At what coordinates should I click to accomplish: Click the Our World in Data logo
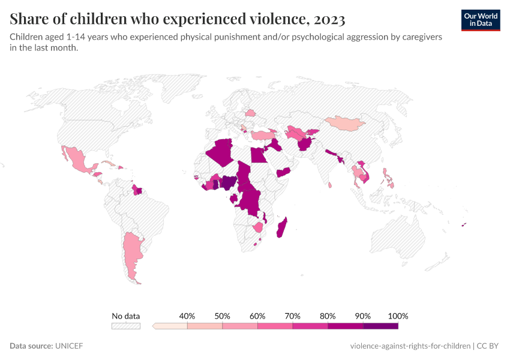pyautogui.click(x=480, y=20)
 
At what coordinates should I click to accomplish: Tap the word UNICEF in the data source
pyautogui.click(x=69, y=346)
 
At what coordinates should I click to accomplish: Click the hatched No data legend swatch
pyautogui.click(x=125, y=326)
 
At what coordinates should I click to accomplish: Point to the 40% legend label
pyautogui.click(x=187, y=316)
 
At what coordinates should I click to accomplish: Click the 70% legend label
pyautogui.click(x=293, y=316)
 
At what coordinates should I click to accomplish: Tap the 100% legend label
pyautogui.click(x=398, y=316)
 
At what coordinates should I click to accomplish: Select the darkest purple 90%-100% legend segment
pyautogui.click(x=380, y=326)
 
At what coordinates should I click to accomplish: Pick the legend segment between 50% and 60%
pyautogui.click(x=240, y=326)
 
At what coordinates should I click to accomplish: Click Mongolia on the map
pyautogui.click(x=345, y=124)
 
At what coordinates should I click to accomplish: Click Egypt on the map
pyautogui.click(x=259, y=155)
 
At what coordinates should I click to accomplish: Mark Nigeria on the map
pyautogui.click(x=229, y=182)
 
